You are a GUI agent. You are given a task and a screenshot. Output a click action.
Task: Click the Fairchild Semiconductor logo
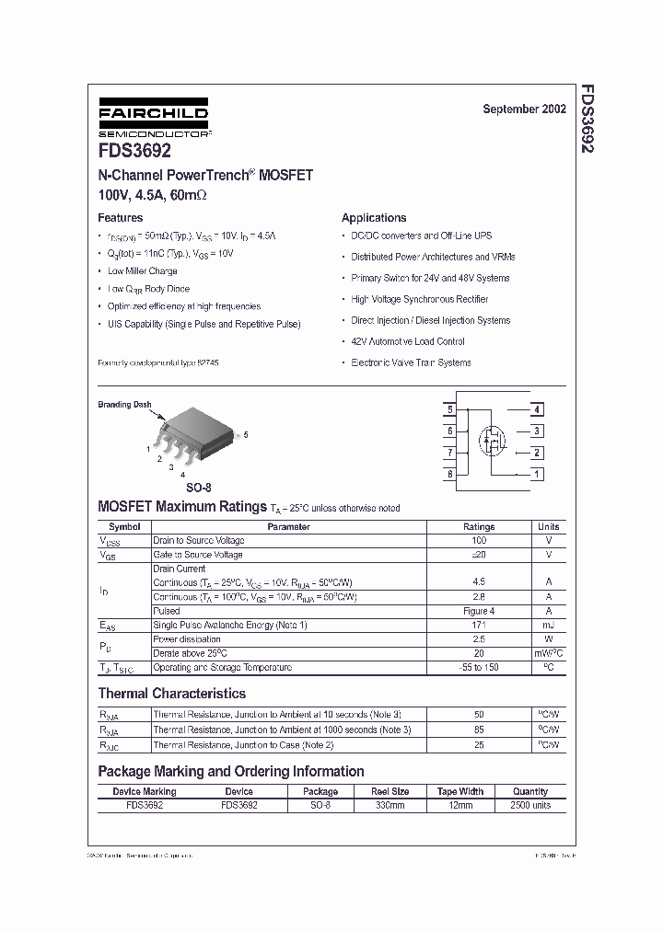pos(154,120)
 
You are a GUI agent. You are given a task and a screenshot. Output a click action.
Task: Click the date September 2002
pos(524,109)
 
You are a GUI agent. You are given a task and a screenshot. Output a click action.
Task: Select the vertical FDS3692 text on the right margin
pos(586,119)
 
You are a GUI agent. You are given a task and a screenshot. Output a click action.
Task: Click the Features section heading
pos(121,218)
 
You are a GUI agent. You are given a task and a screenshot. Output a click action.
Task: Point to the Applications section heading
pos(374,218)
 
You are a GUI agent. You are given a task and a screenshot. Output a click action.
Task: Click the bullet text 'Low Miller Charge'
pos(142,271)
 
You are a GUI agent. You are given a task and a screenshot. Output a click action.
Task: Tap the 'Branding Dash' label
pos(124,405)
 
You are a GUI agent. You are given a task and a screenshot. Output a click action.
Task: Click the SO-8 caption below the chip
pos(198,488)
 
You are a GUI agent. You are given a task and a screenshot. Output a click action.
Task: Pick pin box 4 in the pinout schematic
pos(537,409)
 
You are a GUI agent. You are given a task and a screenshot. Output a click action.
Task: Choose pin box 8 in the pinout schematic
pos(449,475)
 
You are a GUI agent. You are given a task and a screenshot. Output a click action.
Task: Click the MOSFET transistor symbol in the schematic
pos(492,442)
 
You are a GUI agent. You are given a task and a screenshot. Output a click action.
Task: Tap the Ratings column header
pos(478,527)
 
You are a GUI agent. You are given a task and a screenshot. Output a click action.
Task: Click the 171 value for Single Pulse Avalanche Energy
pos(478,626)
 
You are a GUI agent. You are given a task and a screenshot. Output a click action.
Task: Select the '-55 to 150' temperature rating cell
pos(478,667)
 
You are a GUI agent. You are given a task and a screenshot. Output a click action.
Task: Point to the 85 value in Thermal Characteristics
pos(478,730)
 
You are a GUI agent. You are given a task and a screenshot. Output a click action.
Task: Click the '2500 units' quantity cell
pos(529,805)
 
